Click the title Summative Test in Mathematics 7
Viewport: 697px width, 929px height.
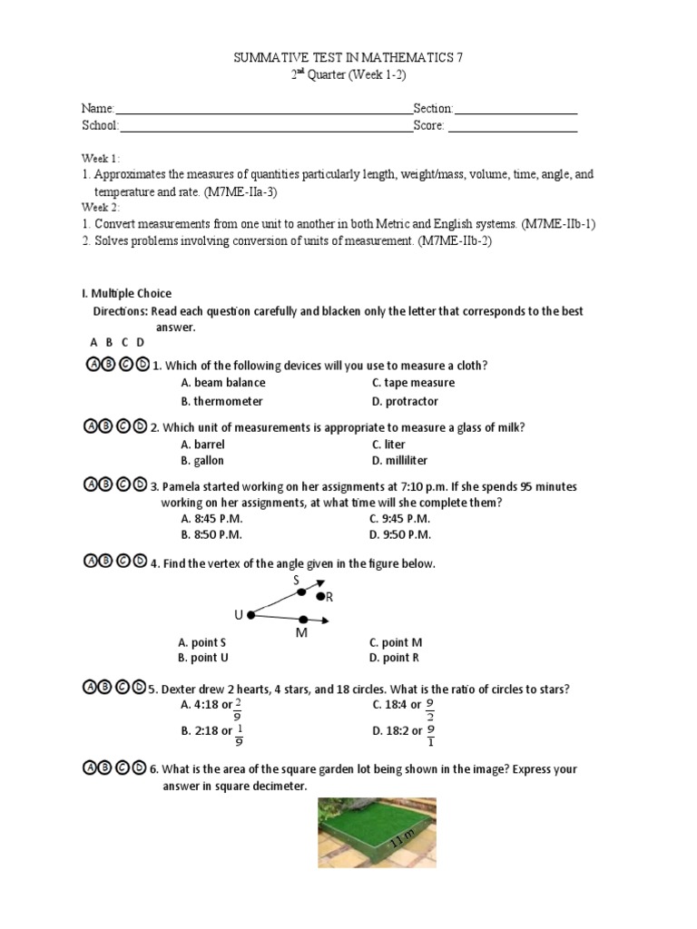tap(348, 57)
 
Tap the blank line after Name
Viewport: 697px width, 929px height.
tap(264, 112)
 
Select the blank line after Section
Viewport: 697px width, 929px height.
tap(515, 112)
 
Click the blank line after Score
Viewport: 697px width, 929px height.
tap(513, 130)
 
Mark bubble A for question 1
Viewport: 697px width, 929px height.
tap(91, 365)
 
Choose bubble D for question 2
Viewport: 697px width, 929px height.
tap(139, 426)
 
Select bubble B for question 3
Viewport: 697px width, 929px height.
tap(106, 484)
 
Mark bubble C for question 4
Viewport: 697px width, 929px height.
tap(123, 562)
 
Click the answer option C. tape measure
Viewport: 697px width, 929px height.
tap(413, 383)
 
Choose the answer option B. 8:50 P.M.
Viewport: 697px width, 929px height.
tap(211, 535)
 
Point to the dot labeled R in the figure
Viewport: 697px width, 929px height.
tap(319, 596)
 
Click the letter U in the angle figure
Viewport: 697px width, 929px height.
tap(239, 615)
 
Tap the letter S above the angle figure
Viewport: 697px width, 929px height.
tap(295, 579)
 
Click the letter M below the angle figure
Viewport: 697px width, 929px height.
tap(302, 632)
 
